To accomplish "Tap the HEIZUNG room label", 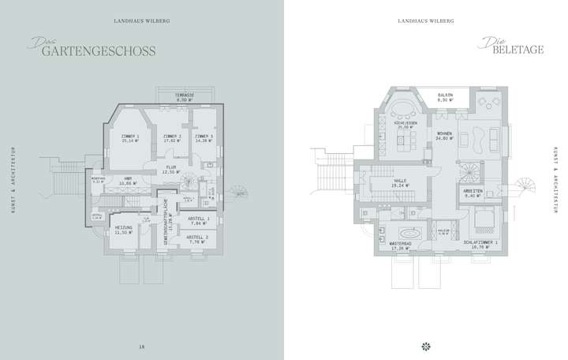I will (x=123, y=230).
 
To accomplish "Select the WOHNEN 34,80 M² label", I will (x=445, y=137).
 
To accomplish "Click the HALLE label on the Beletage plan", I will (x=400, y=182).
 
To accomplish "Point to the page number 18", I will (x=142, y=345).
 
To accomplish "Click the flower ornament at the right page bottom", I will (x=426, y=345).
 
